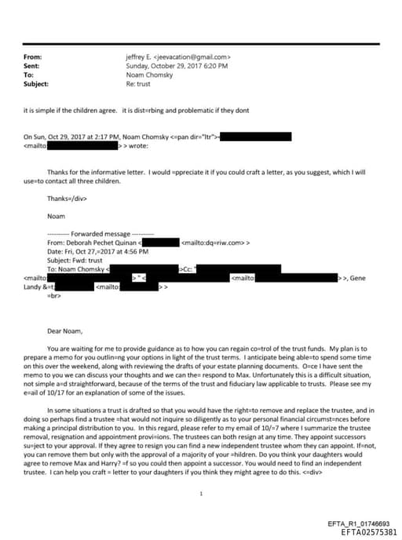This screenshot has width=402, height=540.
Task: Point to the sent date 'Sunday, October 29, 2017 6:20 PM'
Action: tap(177, 66)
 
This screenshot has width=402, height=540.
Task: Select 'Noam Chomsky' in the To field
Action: tap(147, 75)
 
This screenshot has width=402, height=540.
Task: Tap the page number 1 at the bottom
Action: tap(202, 471)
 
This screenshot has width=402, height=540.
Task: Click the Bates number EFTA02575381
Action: tap(369, 531)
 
